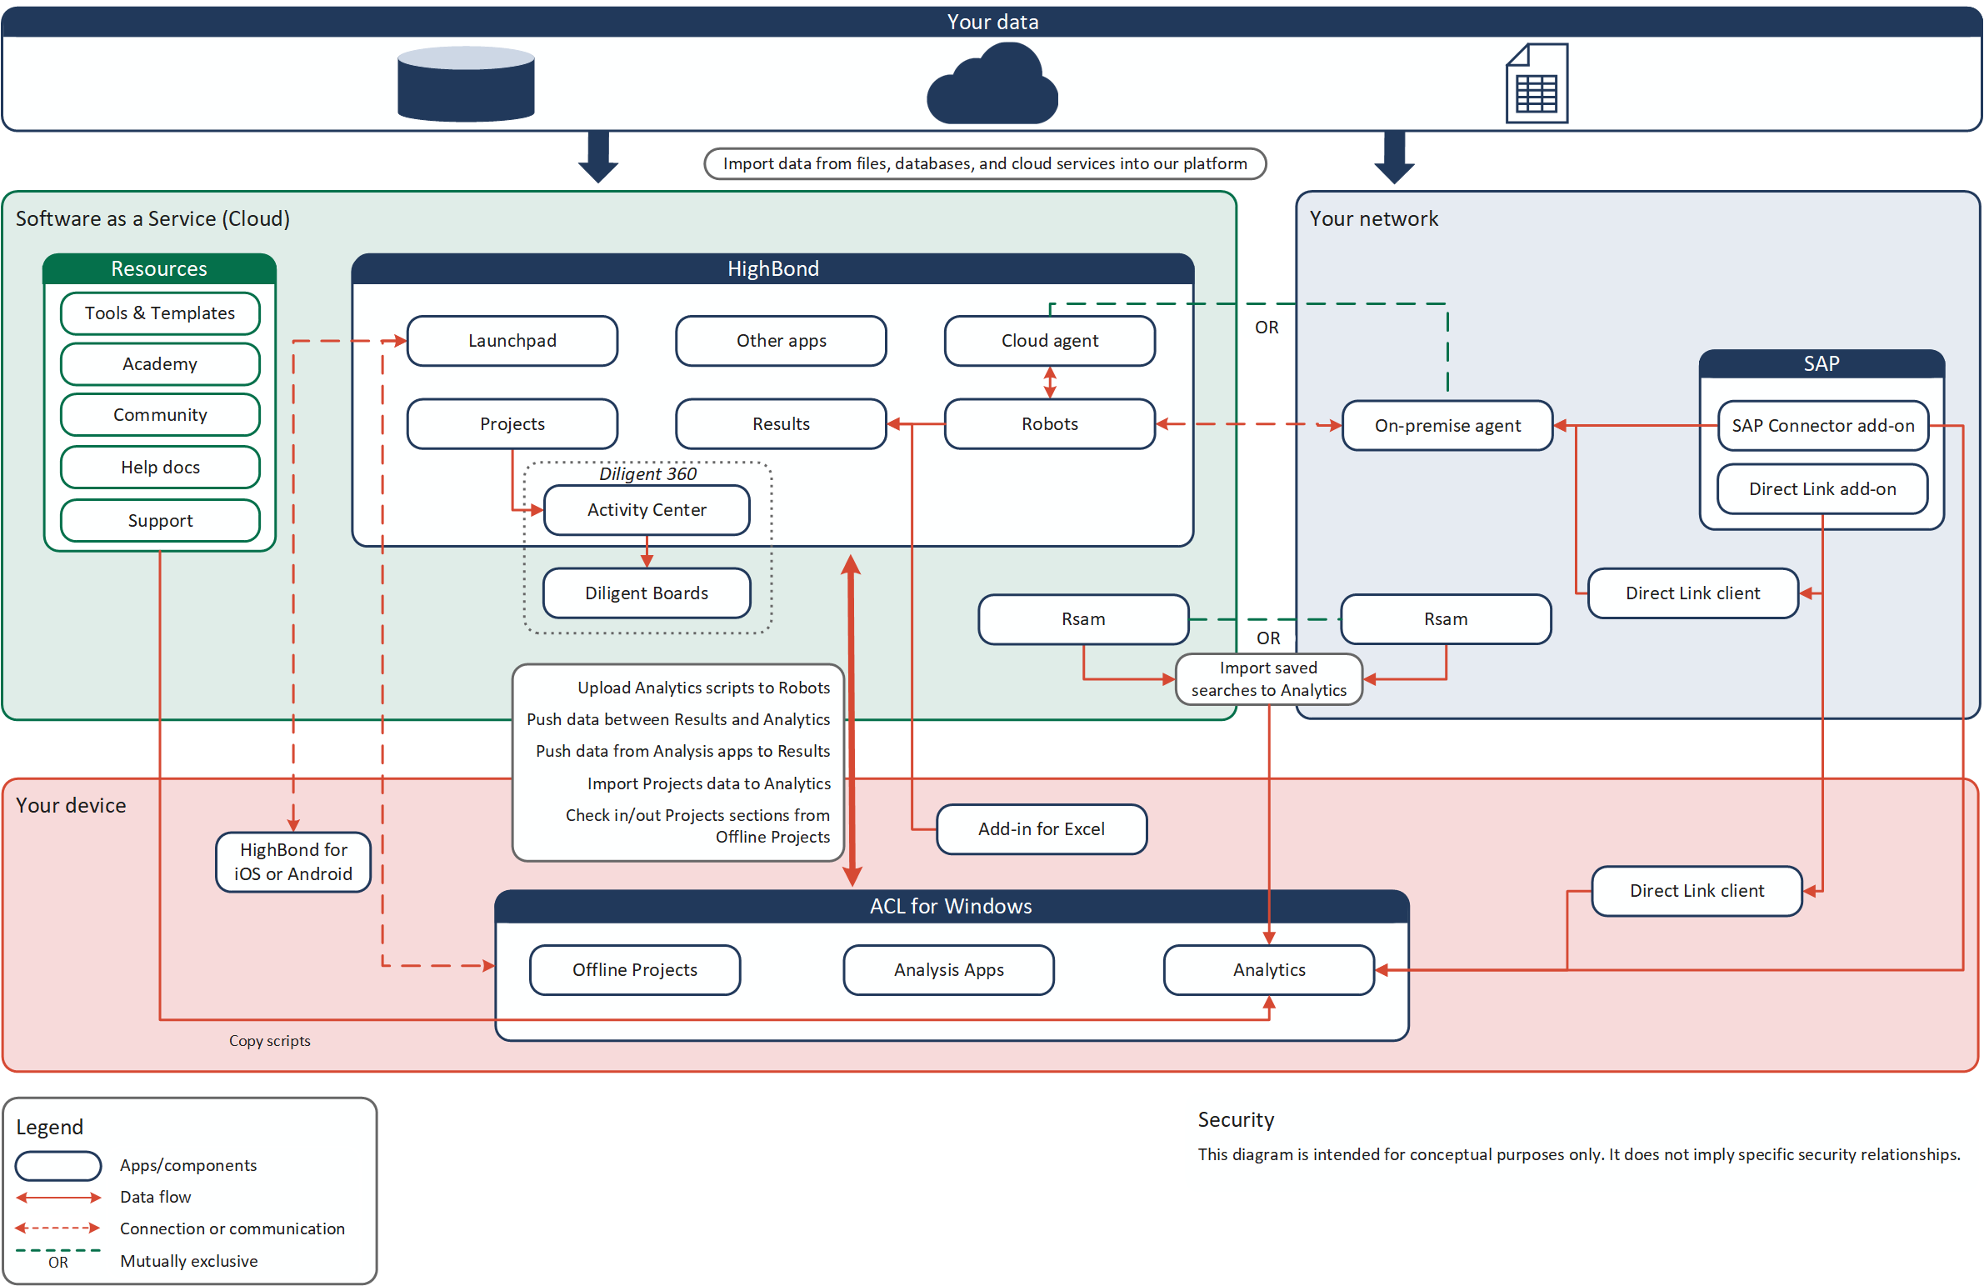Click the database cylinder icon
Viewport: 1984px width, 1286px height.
(x=466, y=84)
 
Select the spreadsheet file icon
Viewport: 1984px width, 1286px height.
(x=1537, y=84)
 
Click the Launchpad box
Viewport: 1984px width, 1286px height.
(x=512, y=340)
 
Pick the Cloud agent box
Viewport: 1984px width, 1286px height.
(x=1050, y=340)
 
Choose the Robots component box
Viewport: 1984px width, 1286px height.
(x=1050, y=423)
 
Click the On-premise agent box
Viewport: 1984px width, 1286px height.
(x=1447, y=425)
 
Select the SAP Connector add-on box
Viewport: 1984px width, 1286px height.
(x=1822, y=425)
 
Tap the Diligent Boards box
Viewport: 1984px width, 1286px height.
(x=646, y=593)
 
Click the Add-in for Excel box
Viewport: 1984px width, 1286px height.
(x=1042, y=829)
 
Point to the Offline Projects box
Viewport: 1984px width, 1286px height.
(x=634, y=970)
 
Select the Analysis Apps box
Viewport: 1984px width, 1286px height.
(x=948, y=970)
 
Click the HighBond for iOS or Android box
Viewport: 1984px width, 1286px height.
(x=292, y=862)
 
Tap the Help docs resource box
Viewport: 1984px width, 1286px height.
(x=160, y=467)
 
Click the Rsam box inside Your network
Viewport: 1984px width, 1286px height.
(x=1446, y=618)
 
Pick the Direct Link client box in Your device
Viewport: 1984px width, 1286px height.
(x=1697, y=891)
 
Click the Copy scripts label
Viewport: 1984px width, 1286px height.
(x=269, y=1041)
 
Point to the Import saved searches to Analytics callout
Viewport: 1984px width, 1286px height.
(x=1268, y=679)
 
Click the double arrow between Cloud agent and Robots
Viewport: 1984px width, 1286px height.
(x=1050, y=382)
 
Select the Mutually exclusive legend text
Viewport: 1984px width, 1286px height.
(x=188, y=1261)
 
